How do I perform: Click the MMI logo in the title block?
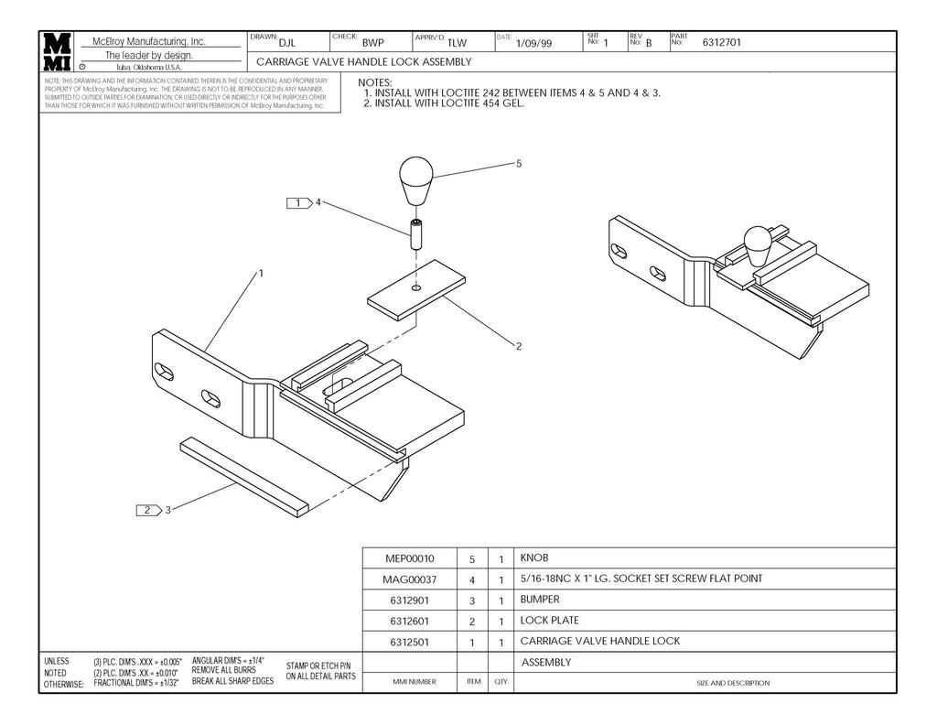pyautogui.click(x=57, y=52)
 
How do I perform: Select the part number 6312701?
pyautogui.click(x=721, y=42)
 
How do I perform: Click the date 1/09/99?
pyautogui.click(x=533, y=43)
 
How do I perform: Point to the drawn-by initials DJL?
pyautogui.click(x=286, y=42)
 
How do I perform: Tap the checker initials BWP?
pyautogui.click(x=372, y=43)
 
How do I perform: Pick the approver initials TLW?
pyautogui.click(x=457, y=43)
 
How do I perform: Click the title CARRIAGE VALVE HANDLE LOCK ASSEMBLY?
pyautogui.click(x=363, y=62)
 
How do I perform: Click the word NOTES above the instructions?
pyautogui.click(x=374, y=83)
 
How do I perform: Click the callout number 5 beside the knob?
pyautogui.click(x=519, y=163)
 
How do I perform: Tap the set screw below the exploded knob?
pyautogui.click(x=415, y=237)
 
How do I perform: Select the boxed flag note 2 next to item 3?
pyautogui.click(x=147, y=510)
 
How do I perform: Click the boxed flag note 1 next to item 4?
pyautogui.click(x=299, y=202)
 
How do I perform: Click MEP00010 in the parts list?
pyautogui.click(x=410, y=557)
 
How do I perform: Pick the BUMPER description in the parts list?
pyautogui.click(x=539, y=600)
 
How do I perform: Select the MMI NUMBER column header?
pyautogui.click(x=415, y=682)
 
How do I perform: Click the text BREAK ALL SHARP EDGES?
pyautogui.click(x=232, y=681)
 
